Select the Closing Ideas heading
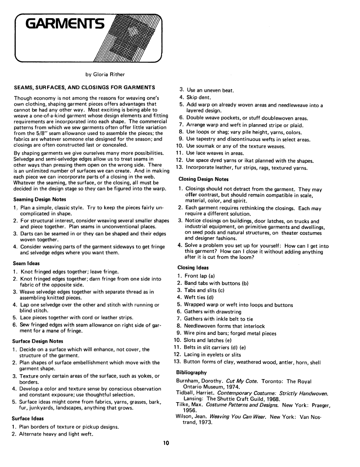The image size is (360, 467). pos(193,268)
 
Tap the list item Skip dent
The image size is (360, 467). pos(202,97)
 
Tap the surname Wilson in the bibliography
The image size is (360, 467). pos(186,416)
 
